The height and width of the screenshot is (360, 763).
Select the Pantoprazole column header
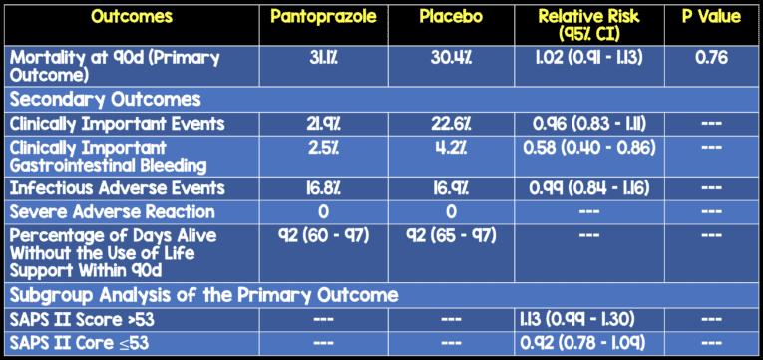point(320,18)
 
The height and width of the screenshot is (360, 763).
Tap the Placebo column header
point(453,18)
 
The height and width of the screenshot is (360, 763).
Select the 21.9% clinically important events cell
point(320,122)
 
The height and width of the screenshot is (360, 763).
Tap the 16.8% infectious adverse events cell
point(320,187)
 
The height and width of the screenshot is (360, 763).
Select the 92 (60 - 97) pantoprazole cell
point(320,236)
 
